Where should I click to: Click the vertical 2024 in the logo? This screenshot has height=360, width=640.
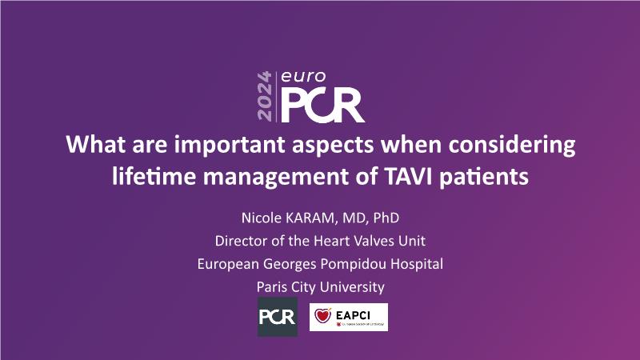tap(265, 96)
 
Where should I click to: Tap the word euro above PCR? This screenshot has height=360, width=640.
tap(303, 76)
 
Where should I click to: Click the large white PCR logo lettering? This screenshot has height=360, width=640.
tap(322, 106)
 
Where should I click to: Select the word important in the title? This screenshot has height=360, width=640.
tap(230, 145)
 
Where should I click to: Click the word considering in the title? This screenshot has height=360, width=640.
tap(512, 146)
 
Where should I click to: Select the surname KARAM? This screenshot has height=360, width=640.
tap(311, 218)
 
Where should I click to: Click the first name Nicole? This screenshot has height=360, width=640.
tap(262, 218)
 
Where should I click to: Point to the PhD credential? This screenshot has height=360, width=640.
tap(386, 218)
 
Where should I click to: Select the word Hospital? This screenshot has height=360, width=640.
tap(417, 264)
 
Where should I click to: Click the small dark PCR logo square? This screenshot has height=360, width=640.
tap(278, 317)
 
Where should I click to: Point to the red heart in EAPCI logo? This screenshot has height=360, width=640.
tap(322, 315)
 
